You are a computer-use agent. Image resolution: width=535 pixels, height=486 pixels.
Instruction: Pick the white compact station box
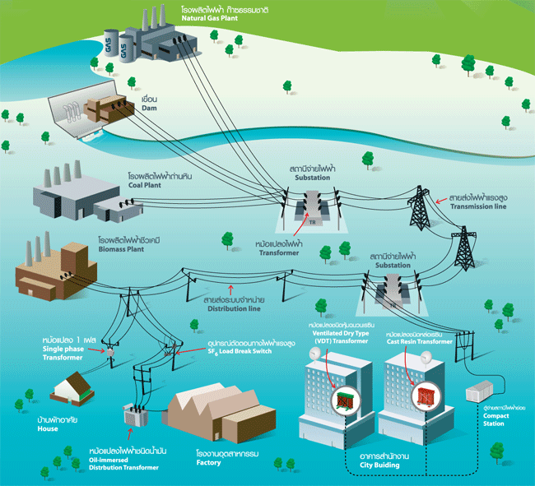tap(481, 391)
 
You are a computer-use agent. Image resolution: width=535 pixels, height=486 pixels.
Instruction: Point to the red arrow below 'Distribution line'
tap(232, 289)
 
